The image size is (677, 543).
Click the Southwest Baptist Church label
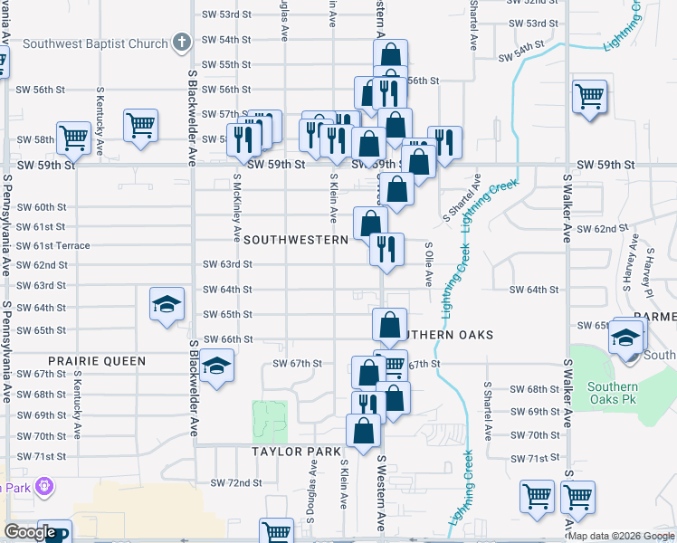pos(95,43)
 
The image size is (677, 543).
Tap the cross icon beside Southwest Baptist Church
pos(181,43)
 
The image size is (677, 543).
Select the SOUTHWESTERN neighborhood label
pos(296,240)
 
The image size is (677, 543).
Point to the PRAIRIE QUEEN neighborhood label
pos(97,361)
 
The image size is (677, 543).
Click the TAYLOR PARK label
pos(295,451)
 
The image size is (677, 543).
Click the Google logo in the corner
pos(29,532)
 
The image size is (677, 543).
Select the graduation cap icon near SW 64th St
pos(167,305)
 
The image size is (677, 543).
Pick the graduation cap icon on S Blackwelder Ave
pos(216,367)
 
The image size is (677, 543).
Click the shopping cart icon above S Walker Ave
pos(589,95)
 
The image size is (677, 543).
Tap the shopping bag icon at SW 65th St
pos(389,325)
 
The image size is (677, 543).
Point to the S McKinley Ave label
pos(236,208)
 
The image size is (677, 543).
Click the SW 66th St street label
pos(227,338)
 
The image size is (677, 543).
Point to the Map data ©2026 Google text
pos(621,536)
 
